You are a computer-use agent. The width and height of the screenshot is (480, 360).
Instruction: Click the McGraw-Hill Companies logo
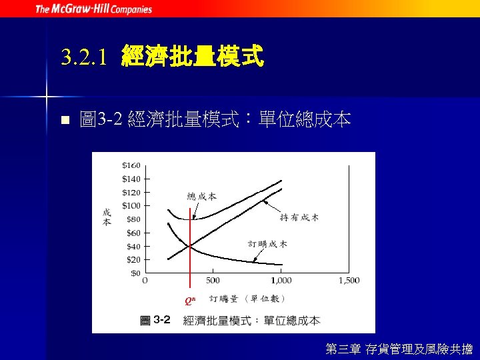(93, 9)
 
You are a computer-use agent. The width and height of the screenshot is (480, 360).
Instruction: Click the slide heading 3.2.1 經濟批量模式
(162, 57)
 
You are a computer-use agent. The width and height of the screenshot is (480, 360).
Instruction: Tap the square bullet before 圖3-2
(65, 121)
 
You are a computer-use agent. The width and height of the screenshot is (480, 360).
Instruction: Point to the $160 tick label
(131, 165)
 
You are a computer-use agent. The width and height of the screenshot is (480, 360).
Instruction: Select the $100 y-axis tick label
(131, 205)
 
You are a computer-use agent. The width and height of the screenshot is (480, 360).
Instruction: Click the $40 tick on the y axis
(133, 246)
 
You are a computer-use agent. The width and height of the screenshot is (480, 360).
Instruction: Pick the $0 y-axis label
(135, 273)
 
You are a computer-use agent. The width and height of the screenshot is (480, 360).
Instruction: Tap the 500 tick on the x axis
(213, 281)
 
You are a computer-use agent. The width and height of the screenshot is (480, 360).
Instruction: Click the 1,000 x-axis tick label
(281, 281)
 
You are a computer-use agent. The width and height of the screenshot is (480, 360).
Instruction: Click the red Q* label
(190, 300)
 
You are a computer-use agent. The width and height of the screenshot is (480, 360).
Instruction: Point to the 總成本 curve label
(202, 196)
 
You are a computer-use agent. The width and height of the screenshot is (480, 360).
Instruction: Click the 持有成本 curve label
(299, 217)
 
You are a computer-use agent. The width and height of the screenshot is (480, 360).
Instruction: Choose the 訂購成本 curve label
(268, 245)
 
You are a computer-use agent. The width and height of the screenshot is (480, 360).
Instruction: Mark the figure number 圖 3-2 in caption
(155, 320)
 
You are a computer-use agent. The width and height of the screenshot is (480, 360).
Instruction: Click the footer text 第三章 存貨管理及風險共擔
(399, 348)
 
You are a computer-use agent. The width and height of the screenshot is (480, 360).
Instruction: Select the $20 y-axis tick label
(133, 259)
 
